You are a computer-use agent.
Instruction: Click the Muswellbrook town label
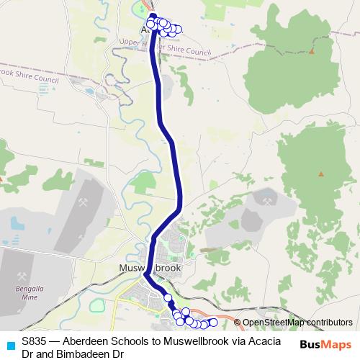(149, 268)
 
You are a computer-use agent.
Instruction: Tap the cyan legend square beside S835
(9, 343)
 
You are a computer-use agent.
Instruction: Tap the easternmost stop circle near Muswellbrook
(213, 322)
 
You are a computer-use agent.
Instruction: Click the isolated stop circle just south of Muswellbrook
(168, 297)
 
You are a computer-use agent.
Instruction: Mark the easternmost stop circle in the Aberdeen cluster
(178, 30)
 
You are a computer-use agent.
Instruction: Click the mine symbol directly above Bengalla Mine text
(22, 276)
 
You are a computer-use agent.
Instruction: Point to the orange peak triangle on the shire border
(312, 51)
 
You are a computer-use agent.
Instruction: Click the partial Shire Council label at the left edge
(29, 73)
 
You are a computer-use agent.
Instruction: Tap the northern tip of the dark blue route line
(153, 15)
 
